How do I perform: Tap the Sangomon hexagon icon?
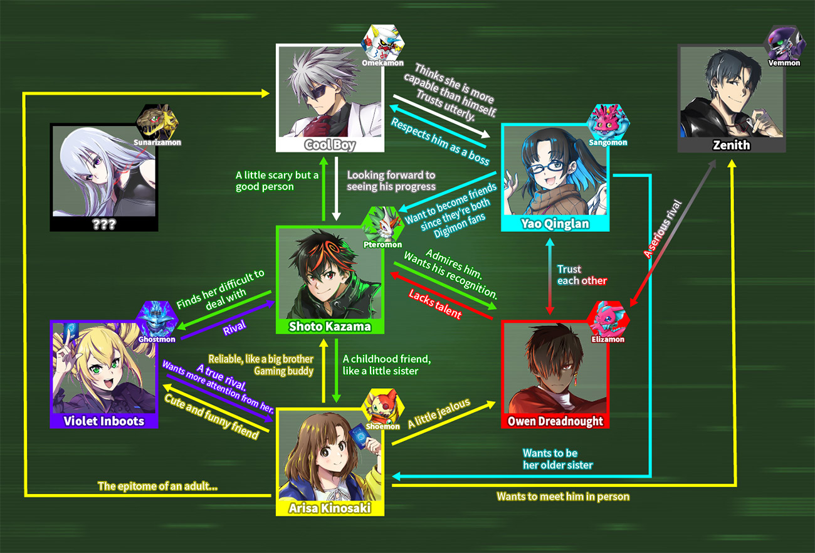607,122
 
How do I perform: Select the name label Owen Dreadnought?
555,421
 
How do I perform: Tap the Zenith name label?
731,145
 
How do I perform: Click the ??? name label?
103,224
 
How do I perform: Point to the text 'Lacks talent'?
434,303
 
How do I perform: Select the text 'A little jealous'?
439,414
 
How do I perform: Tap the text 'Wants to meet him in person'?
562,497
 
